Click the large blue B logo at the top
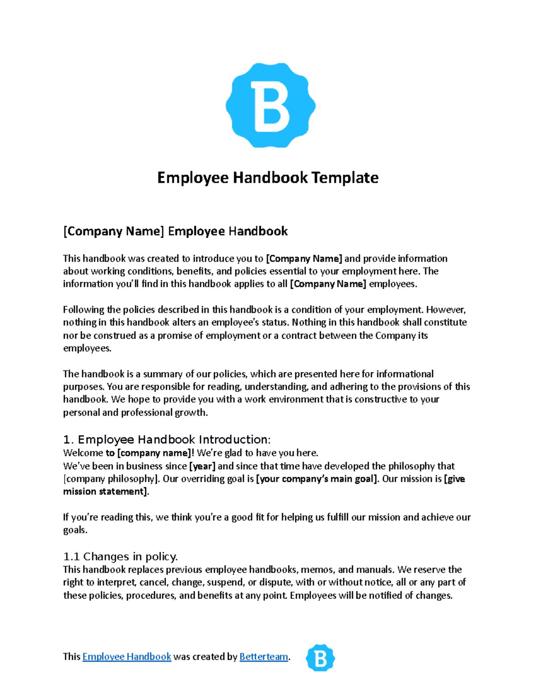[x=271, y=105]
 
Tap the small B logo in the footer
[x=320, y=658]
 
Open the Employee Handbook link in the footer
[x=127, y=656]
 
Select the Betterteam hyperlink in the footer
[x=264, y=656]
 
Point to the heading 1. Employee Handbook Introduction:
[x=167, y=439]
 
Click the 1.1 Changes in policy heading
[x=121, y=556]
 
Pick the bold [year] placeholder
[x=202, y=466]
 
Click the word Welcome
[x=83, y=453]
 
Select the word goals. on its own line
[x=75, y=530]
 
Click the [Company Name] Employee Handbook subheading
[x=175, y=231]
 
